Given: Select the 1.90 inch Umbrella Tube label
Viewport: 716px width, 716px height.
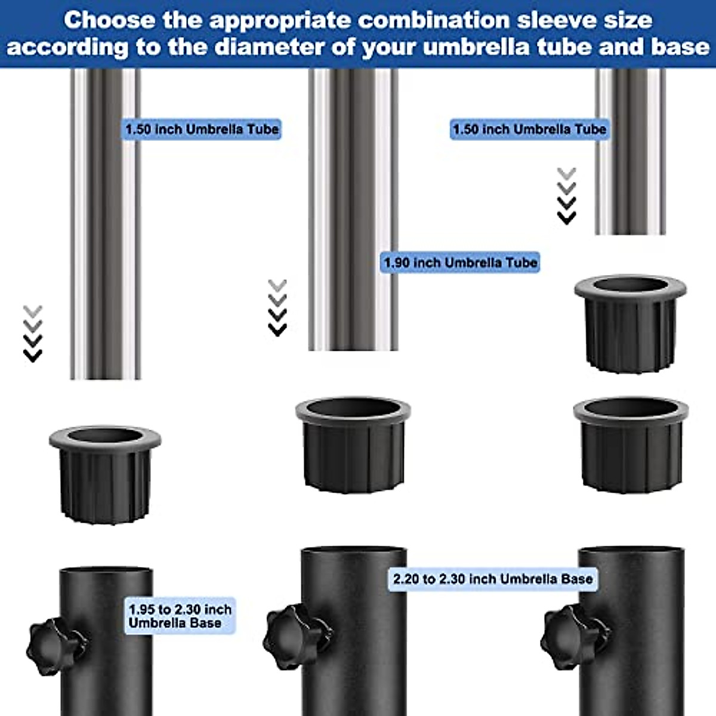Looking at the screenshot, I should click(460, 263).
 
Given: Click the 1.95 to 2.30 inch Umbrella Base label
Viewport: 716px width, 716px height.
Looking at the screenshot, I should click(180, 616).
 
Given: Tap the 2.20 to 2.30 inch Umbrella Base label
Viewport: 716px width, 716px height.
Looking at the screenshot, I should click(493, 579).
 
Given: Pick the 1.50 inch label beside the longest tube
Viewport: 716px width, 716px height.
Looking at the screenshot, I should click(202, 129).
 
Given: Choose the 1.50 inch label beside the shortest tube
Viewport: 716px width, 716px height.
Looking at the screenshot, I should click(529, 129).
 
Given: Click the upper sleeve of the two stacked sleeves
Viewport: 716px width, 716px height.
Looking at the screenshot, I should click(630, 322).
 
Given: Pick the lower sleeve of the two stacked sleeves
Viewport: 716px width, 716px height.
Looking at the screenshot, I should click(631, 445).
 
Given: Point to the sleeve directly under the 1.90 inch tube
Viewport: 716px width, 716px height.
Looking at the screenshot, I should click(353, 445).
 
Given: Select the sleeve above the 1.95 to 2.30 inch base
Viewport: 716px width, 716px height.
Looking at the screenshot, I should click(105, 474).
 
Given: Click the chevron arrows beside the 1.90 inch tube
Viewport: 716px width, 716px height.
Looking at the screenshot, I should click(277, 308).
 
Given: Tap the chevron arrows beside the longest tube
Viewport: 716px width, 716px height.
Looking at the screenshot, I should click(33, 334).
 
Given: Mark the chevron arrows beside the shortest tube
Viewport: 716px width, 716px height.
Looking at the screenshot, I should click(566, 196).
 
